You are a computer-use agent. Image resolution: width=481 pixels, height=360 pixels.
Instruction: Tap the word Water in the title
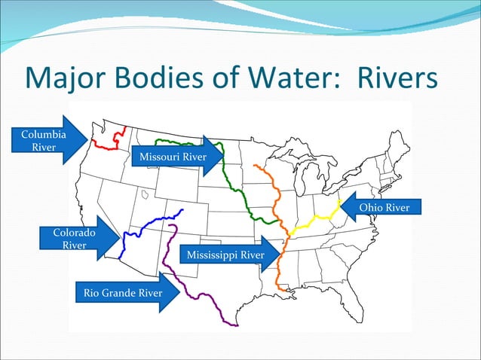pyautogui.click(x=281, y=77)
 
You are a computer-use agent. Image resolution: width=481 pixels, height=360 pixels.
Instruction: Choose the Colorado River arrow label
pyautogui.click(x=74, y=239)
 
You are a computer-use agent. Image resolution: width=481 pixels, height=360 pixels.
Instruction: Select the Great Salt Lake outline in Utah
pyautogui.click(x=144, y=194)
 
